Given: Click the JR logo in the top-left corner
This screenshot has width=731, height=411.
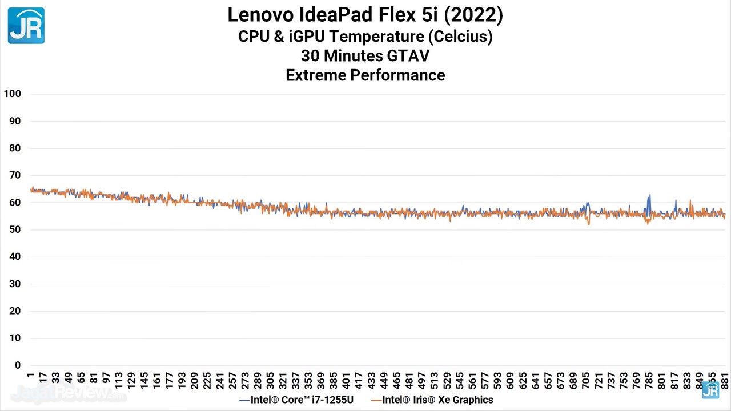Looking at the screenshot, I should (26, 26).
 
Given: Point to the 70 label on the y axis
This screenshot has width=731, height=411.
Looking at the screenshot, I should (14, 175).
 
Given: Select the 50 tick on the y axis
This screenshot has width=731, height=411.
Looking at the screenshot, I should (14, 229).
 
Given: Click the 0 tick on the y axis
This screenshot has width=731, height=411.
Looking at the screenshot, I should (18, 365).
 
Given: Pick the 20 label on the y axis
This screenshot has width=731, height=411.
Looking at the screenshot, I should (14, 311).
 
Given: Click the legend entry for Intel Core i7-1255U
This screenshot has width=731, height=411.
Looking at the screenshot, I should (296, 400).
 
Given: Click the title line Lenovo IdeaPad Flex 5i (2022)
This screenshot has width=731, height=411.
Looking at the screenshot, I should (365, 15).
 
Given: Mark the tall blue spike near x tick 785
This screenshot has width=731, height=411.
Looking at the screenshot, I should (649, 197).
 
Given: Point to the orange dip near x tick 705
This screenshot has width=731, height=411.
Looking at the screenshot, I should (589, 223).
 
